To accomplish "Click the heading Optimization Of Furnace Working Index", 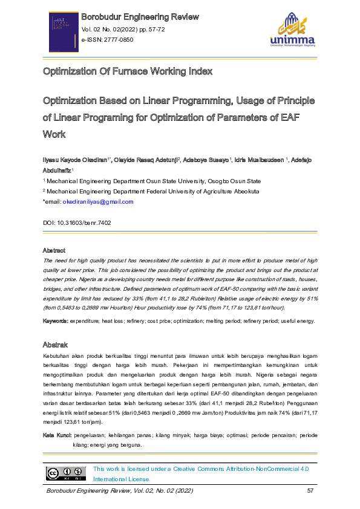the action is (127, 72).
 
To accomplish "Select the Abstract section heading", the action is (54, 250).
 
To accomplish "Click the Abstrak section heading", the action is (54, 344).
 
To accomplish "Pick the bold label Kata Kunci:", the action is (57, 435).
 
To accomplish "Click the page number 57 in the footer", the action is (310, 490).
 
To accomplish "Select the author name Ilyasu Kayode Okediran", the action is (75, 160).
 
